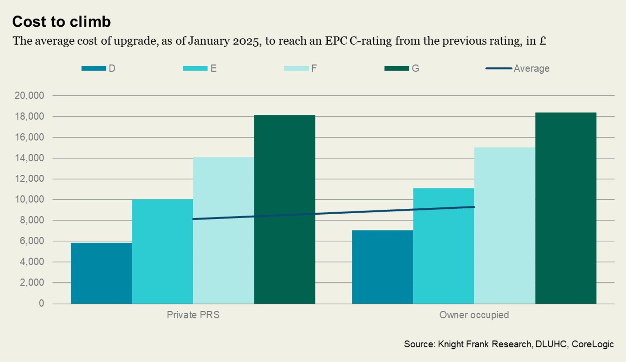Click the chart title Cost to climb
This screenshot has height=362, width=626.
pyautogui.click(x=61, y=22)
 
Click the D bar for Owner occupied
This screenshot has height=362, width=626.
pyautogui.click(x=382, y=267)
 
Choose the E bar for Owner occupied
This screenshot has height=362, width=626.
pyautogui.click(x=443, y=246)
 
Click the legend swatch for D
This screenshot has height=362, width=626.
pyautogui.click(x=93, y=68)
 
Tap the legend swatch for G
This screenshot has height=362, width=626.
pyautogui.click(x=397, y=68)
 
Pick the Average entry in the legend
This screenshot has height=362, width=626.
pyautogui.click(x=531, y=68)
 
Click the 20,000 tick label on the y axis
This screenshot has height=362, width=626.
pyautogui.click(x=30, y=95)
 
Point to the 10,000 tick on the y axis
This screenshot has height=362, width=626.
pyautogui.click(x=30, y=199)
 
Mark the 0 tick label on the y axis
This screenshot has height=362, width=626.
pyautogui.click(x=41, y=303)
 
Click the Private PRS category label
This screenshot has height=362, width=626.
pyautogui.click(x=193, y=315)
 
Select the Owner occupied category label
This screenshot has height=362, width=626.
pyautogui.click(x=474, y=315)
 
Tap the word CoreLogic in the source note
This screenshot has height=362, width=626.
pyautogui.click(x=593, y=344)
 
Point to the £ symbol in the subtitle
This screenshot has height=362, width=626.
pyautogui.click(x=542, y=41)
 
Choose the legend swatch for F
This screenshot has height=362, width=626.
pyautogui.click(x=296, y=68)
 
